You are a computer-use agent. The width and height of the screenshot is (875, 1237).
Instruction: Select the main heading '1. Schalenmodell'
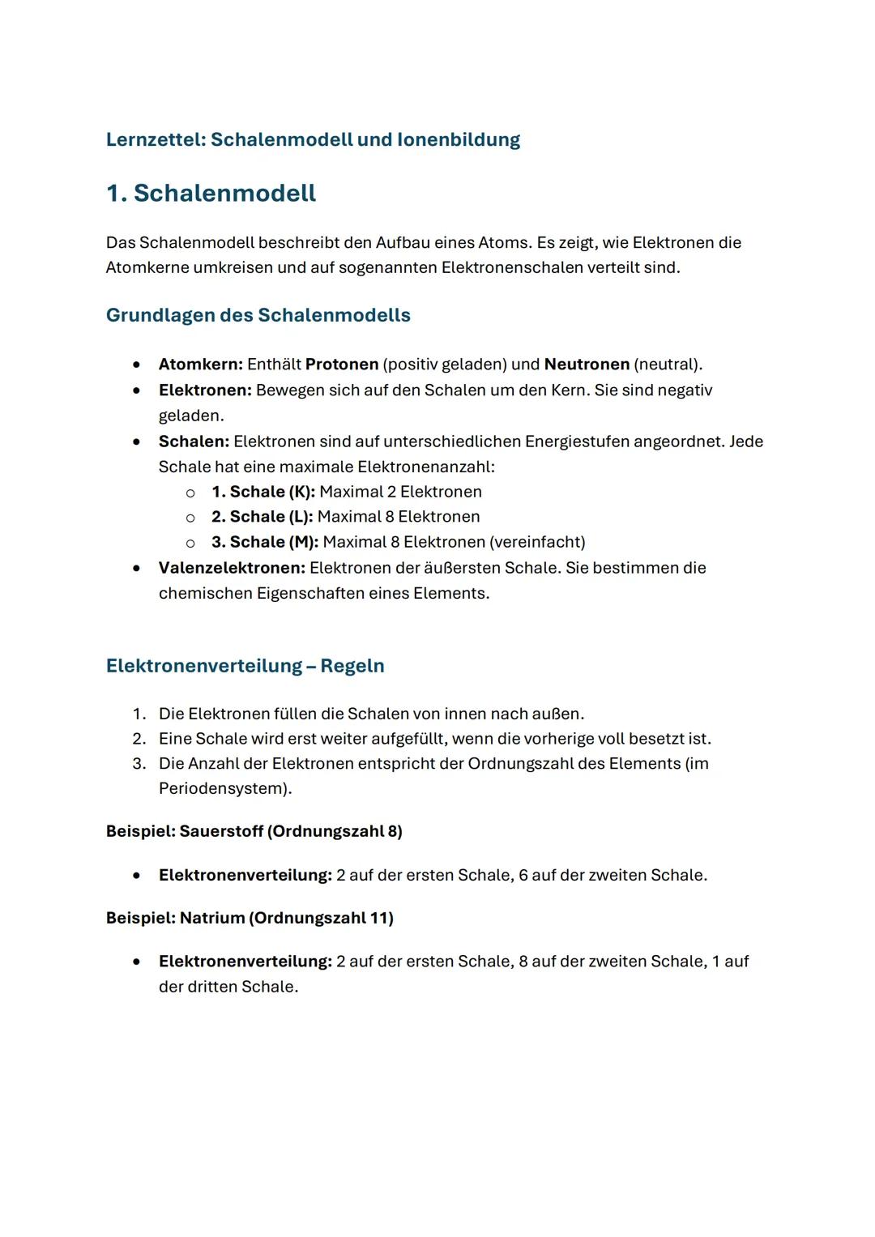point(211,193)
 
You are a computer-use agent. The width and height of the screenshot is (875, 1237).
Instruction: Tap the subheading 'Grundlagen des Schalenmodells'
point(258,315)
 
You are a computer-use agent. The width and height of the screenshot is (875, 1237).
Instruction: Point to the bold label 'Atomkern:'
point(200,364)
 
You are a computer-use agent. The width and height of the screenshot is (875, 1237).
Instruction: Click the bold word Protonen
point(341,364)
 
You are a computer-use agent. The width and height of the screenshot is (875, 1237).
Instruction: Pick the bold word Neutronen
point(587,364)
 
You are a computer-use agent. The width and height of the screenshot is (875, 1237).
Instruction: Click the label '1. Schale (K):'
point(262,492)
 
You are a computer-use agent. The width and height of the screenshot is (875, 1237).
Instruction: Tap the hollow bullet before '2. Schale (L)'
point(190,518)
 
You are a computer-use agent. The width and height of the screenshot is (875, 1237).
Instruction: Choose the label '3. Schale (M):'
point(264,542)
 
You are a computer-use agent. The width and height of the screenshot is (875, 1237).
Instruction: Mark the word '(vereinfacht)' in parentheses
point(536,542)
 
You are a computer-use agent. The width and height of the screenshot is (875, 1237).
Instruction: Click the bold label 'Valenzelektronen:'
point(232,568)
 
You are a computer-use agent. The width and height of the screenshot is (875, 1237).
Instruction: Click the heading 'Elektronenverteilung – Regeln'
point(245,666)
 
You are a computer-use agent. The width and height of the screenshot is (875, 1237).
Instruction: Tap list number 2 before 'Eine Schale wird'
point(139,739)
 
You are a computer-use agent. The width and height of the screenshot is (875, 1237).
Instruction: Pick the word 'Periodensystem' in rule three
point(220,788)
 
